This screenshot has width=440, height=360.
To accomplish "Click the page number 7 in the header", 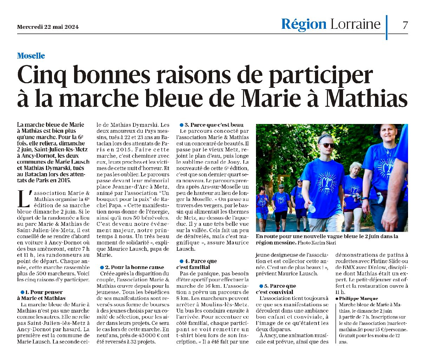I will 405,25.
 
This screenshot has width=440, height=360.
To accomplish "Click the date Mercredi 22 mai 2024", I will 48,27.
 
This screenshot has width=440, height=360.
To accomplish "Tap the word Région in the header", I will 304,24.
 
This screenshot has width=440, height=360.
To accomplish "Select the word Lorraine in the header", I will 355,24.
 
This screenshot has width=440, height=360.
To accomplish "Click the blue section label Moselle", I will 31,56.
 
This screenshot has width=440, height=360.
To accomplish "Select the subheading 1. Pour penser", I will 44,292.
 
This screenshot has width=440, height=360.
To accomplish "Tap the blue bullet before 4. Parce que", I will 182,261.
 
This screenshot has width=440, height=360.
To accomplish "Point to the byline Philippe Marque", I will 354,299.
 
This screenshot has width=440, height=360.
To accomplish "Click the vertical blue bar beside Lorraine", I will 387,27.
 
